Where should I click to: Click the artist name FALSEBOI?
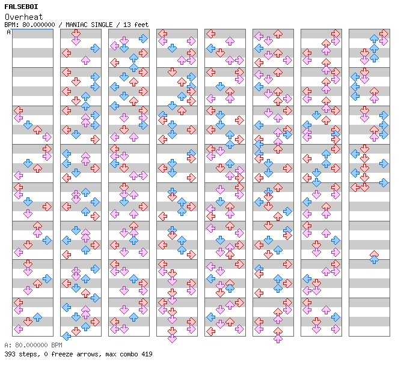click(x=21, y=7)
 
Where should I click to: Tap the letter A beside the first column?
click(x=9, y=32)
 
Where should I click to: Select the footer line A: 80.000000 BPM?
click(x=33, y=346)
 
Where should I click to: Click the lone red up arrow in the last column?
click(x=374, y=254)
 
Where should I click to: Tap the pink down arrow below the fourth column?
click(x=172, y=338)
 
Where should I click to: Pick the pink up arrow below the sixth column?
click(x=278, y=338)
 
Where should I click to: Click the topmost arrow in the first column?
click(x=18, y=110)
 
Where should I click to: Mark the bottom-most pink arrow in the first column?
click(x=18, y=329)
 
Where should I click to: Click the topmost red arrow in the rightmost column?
click(x=384, y=33)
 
